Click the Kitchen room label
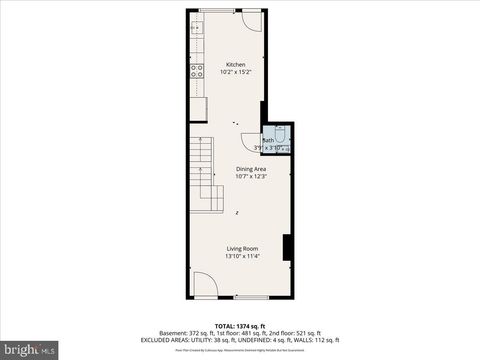pos(235,64)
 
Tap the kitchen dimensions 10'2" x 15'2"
pos(235,72)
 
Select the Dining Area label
pos(250,169)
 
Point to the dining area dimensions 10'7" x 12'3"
pos(250,177)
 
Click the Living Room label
pos(242,248)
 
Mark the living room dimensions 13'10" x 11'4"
pos(242,256)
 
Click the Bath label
pos(268,140)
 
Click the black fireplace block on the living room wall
pos(287,247)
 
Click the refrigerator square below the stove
pos(199,108)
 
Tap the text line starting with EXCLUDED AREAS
pos(239,340)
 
